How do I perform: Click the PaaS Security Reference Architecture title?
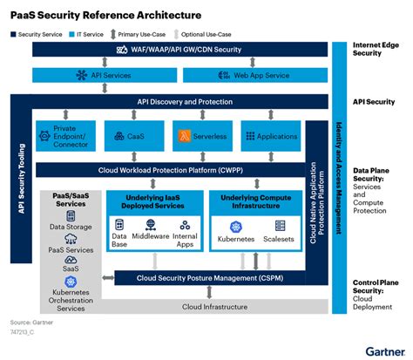105,15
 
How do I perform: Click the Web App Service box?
247,76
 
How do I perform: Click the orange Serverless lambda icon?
184,137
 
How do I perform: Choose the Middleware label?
151,235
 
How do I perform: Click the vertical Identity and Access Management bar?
337,175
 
